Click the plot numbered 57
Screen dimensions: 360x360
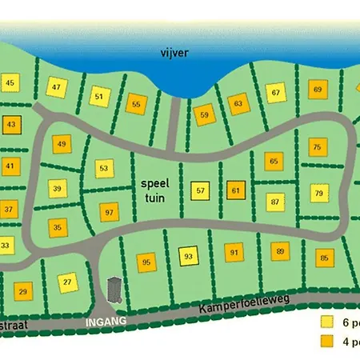point(201,191)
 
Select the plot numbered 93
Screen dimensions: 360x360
point(188,256)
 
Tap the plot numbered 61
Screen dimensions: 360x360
point(235,190)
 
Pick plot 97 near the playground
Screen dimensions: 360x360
point(110,213)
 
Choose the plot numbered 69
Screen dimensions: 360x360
point(317,90)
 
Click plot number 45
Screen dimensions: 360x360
point(10,83)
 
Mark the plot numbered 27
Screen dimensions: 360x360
point(68,282)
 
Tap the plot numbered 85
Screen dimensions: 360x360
point(324,258)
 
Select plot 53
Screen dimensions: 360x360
point(104,169)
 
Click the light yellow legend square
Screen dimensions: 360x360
point(327,322)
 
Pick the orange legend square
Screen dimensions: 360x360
point(327,342)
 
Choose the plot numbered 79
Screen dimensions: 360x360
point(318,193)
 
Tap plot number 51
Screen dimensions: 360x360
point(99,98)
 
